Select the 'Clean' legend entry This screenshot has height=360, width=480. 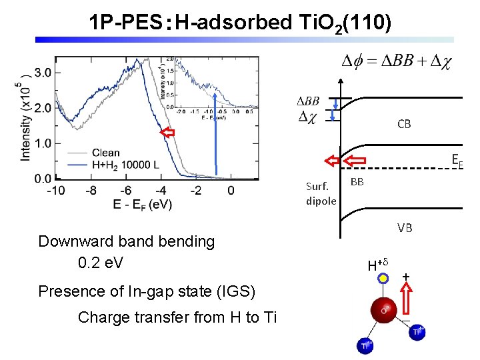coord(106,153)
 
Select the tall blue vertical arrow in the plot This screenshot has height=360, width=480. coord(216,127)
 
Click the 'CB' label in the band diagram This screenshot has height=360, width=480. coord(404,123)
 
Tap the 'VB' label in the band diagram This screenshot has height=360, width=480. coord(405,228)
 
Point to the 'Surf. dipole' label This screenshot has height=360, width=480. coord(321,193)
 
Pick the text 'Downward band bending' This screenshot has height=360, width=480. coord(127,241)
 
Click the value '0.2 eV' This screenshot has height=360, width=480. coord(101,263)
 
